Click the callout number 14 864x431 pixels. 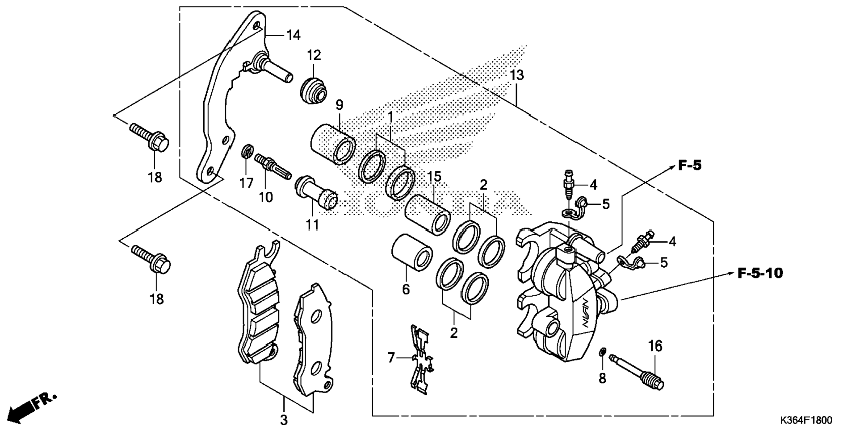point(293,35)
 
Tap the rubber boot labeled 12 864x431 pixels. point(313,92)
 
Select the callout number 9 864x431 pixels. point(340,105)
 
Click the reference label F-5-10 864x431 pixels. point(760,273)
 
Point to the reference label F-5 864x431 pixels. point(690,166)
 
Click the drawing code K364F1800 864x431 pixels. point(806,420)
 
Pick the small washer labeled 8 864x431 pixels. point(602,353)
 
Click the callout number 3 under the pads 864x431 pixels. point(284,420)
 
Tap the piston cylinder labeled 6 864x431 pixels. point(412,253)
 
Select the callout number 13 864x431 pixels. point(517,75)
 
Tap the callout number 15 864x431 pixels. point(434,176)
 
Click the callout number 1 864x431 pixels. point(390,117)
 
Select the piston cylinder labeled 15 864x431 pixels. point(428,214)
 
